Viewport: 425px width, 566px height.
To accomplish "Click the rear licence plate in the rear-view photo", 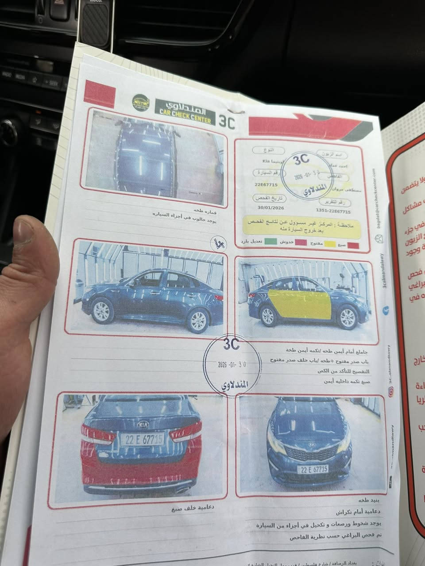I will pos(143,439).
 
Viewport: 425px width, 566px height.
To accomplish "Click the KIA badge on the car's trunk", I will pos(143,424).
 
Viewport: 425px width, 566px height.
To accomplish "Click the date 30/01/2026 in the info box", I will pos(271,208).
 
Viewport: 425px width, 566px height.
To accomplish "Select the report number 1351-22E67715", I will pos(333,212).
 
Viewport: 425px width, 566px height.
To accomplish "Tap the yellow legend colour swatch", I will pos(329,244).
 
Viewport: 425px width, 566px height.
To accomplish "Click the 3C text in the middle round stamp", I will pos(231,344).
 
